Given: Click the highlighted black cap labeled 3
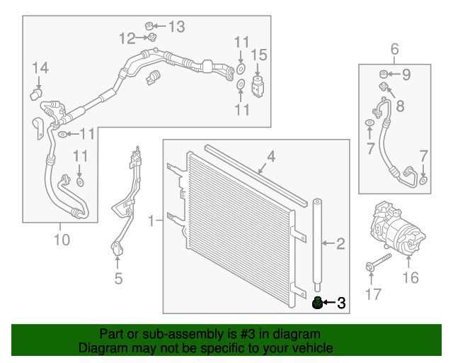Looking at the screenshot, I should pyautogui.click(x=318, y=304).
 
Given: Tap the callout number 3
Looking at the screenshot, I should pyautogui.click(x=341, y=304).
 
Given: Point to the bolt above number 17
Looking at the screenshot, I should pyautogui.click(x=378, y=262).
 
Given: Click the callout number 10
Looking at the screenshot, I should pyautogui.click(x=62, y=240).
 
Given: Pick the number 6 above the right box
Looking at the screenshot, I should pyautogui.click(x=395, y=49).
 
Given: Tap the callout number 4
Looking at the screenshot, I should pyautogui.click(x=271, y=156).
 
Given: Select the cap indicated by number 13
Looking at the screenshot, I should pyautogui.click(x=151, y=26).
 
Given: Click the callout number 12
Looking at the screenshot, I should pyautogui.click(x=127, y=38).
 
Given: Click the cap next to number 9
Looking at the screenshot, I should pyautogui.click(x=383, y=73).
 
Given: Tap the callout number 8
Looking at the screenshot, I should pyautogui.click(x=400, y=107).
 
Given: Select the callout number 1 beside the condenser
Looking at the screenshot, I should pyautogui.click(x=151, y=222).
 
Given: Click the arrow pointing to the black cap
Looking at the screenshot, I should pyautogui.click(x=329, y=304).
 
